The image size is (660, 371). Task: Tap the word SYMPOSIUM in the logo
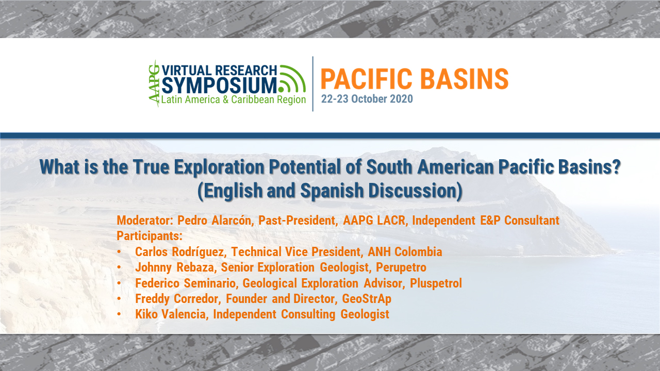coord(219,84)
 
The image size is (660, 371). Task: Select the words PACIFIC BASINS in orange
coord(415,79)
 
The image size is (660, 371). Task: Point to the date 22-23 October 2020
coord(367,99)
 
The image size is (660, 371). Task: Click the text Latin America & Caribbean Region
coord(234,99)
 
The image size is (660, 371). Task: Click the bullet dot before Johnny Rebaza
coord(120,268)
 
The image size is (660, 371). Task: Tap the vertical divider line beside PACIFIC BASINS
coord(313,83)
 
